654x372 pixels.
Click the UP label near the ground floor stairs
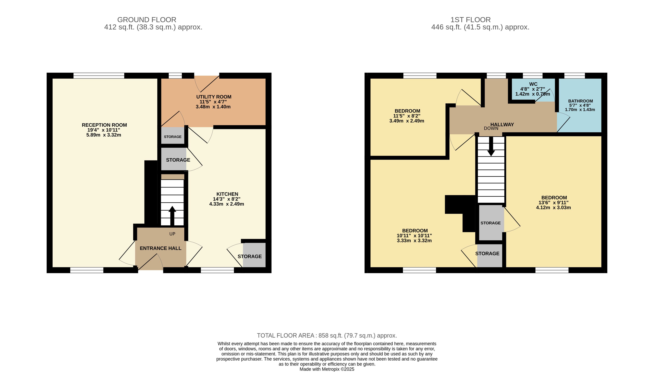click(x=172, y=234)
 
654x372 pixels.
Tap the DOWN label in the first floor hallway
click(x=491, y=128)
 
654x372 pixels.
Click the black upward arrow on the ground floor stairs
click(x=172, y=216)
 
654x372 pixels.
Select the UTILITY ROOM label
click(x=214, y=97)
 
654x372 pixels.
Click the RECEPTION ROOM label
click(x=104, y=125)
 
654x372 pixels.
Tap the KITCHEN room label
click(x=227, y=194)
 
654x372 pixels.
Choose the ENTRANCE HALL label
click(x=161, y=248)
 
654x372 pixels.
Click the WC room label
click(x=533, y=84)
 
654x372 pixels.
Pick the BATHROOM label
click(x=580, y=101)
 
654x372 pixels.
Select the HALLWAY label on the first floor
click(x=502, y=124)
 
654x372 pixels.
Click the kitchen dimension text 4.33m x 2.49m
click(x=226, y=204)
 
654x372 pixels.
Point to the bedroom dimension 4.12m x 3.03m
click(x=553, y=207)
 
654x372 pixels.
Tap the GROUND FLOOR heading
click(x=147, y=20)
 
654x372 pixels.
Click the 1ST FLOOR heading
click(x=470, y=20)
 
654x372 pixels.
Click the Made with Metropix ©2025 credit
click(x=327, y=369)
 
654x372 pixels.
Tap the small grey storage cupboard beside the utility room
click(x=173, y=136)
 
